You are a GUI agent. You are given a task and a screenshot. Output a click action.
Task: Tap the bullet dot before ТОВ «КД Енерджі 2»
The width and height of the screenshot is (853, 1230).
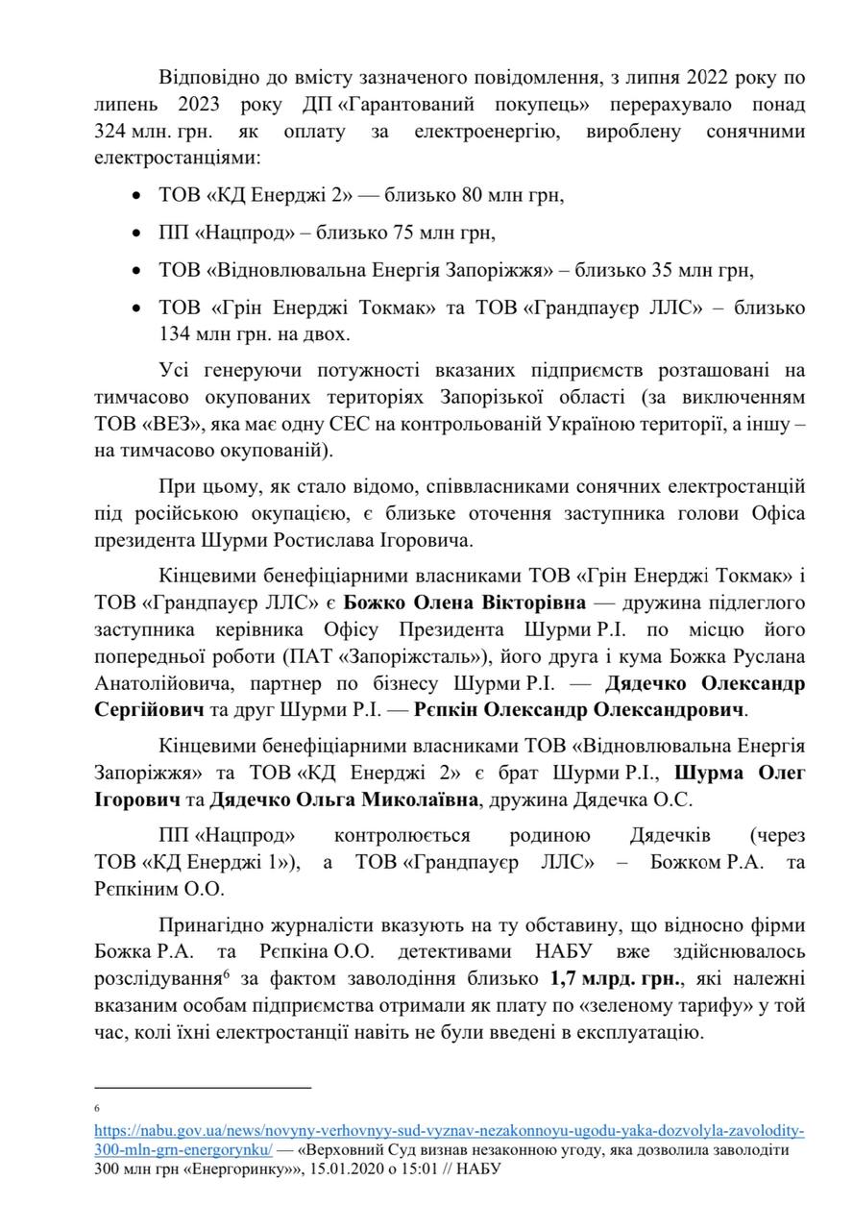coord(135,197)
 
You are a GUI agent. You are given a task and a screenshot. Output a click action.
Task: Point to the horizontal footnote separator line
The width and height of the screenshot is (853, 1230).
coord(203,1088)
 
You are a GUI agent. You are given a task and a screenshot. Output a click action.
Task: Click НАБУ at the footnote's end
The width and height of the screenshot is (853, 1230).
coord(476,1168)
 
